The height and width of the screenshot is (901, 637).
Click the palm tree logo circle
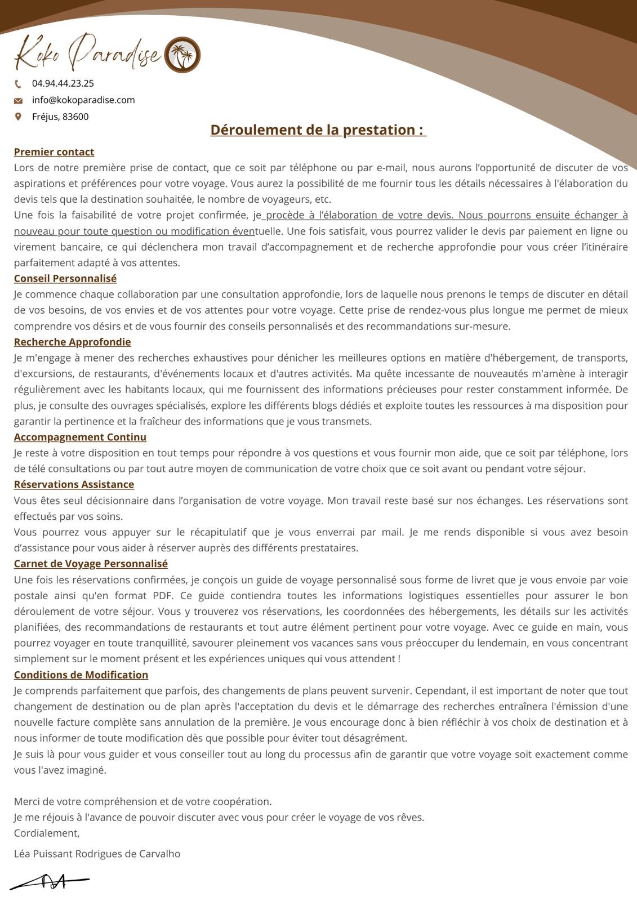click(182, 55)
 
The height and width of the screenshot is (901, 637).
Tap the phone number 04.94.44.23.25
click(63, 83)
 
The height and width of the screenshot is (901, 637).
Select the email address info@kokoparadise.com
click(83, 100)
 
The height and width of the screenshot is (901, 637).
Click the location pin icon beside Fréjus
click(18, 117)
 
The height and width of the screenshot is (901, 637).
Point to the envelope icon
click(18, 101)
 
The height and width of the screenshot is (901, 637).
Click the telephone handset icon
click(18, 84)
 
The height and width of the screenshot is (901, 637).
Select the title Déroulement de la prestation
click(318, 130)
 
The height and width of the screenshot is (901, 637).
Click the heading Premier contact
click(54, 152)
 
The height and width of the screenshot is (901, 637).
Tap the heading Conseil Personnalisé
click(65, 278)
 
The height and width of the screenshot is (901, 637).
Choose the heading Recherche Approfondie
click(72, 342)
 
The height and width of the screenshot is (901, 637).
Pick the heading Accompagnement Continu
click(80, 437)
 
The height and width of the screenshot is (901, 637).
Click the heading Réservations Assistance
click(74, 484)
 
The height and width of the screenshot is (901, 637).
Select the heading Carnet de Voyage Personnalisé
click(91, 564)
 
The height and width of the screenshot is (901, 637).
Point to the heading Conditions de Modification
click(81, 675)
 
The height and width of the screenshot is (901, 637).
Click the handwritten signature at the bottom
click(50, 881)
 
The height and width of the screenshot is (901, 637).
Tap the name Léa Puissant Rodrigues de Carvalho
click(97, 854)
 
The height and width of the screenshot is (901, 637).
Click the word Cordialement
click(47, 833)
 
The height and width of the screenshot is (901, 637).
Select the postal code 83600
click(75, 117)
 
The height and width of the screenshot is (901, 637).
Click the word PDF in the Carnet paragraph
click(161, 596)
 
